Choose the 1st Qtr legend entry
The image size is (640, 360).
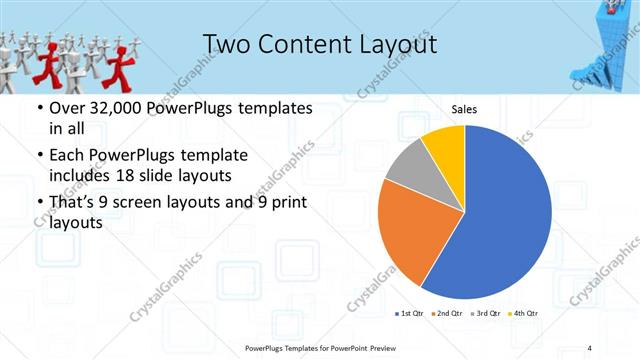[410, 314]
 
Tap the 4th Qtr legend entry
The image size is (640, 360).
[526, 314]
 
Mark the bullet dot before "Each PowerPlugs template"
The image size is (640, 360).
[39, 156]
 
